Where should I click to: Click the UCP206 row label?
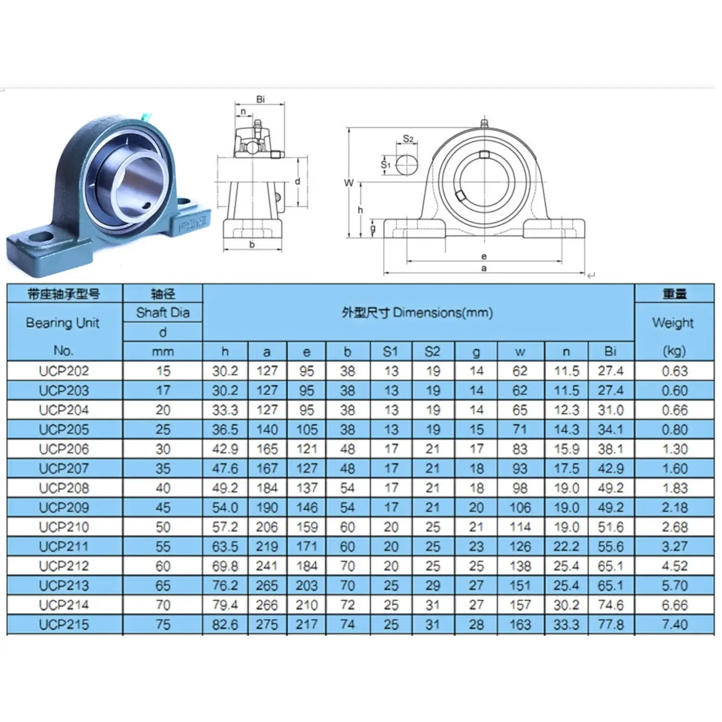tap(64, 449)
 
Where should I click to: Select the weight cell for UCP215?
tap(674, 624)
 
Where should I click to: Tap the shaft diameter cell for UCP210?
tap(163, 527)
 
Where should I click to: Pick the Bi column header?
tap(610, 351)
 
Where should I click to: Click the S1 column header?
tap(390, 352)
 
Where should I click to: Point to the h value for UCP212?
tap(225, 566)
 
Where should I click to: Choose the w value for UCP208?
tap(520, 488)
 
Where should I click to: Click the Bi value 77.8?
tap(610, 624)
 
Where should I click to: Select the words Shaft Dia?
tap(163, 313)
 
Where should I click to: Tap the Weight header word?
tap(673, 322)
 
